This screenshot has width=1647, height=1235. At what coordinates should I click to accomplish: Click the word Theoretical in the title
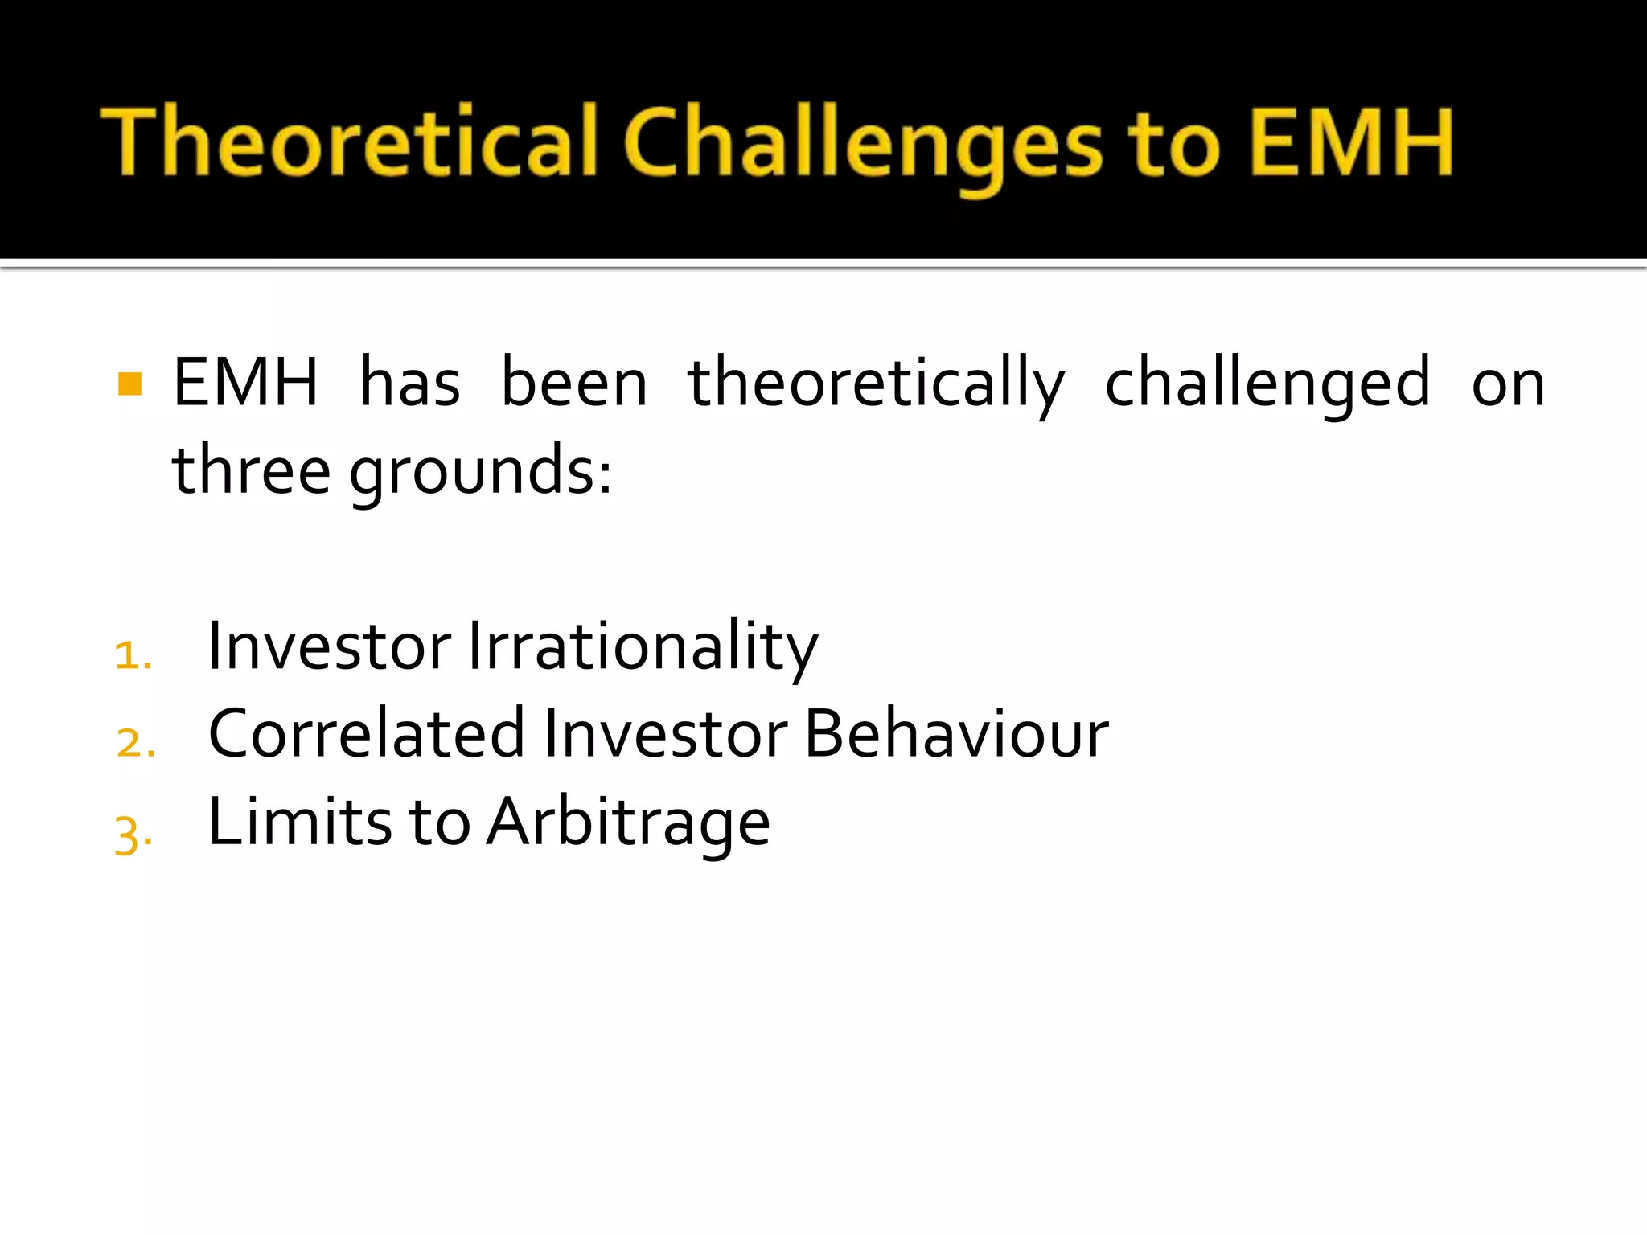pyautogui.click(x=347, y=142)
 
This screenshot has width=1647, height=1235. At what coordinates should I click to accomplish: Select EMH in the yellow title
pyautogui.click(x=1351, y=142)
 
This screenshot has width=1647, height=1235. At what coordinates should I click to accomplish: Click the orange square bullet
pyautogui.click(x=129, y=384)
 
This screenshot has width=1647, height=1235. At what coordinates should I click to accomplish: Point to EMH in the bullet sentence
pyautogui.click(x=245, y=383)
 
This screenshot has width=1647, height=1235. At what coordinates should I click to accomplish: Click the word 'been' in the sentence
pyautogui.click(x=574, y=383)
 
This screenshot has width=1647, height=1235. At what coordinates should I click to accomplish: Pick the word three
pyautogui.click(x=251, y=470)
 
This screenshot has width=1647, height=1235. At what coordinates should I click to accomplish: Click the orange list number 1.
pyautogui.click(x=133, y=654)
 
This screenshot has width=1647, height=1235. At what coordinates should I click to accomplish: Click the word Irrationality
pyautogui.click(x=642, y=646)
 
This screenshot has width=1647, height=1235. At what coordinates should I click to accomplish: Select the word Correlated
pyautogui.click(x=366, y=733)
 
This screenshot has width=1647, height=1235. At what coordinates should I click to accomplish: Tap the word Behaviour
pyautogui.click(x=956, y=733)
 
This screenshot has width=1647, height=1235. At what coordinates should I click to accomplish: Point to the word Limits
pyautogui.click(x=300, y=822)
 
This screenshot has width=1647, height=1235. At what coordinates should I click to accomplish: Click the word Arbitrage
pyautogui.click(x=629, y=823)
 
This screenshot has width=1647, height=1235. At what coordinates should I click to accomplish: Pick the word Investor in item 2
pyautogui.click(x=665, y=733)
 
